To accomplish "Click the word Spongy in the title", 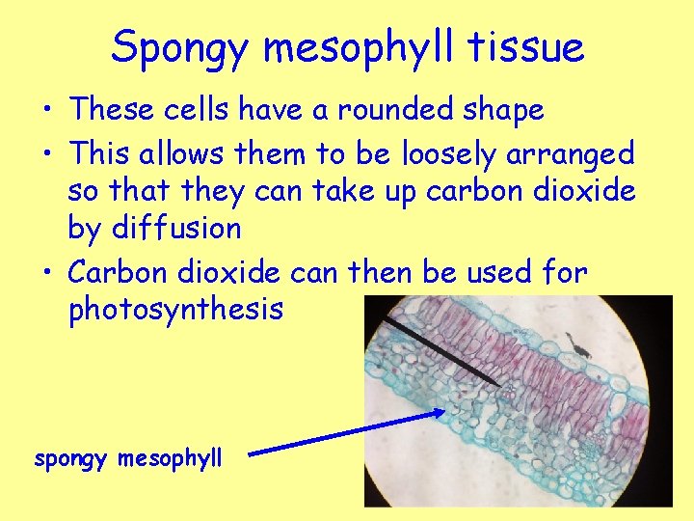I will (182, 47).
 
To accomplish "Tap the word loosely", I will (445, 153).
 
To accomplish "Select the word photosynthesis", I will (175, 311).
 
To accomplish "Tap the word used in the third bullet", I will (499, 273).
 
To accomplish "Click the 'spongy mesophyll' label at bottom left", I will (128, 458).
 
